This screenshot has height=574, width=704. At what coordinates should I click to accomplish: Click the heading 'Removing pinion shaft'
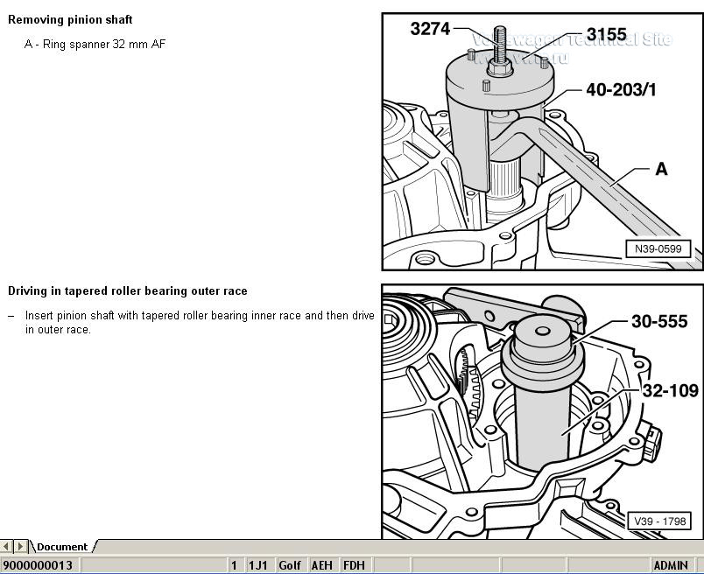pos(70,19)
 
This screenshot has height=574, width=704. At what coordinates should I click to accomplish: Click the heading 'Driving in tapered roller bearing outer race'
pos(128,290)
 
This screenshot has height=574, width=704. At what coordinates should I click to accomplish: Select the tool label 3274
pos(430,29)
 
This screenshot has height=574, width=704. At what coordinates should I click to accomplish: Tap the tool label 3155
pos(606,34)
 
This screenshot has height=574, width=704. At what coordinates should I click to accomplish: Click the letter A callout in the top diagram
pos(661,169)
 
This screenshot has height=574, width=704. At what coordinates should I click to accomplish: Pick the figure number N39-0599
pos(658,249)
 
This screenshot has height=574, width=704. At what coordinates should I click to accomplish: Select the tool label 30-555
pos(659,321)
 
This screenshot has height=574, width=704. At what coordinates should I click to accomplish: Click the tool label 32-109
pos(670,390)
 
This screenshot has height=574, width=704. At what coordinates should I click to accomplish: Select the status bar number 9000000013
pos(38,565)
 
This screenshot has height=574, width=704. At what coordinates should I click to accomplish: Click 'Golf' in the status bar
pos(290,565)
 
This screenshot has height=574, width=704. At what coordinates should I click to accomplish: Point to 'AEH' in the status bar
pos(321,565)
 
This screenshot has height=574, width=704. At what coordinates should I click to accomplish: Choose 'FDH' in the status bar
pos(354,565)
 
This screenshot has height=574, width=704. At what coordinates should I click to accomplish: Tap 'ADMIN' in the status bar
pos(671,565)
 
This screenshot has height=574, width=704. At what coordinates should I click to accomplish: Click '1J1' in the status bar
pos(257,565)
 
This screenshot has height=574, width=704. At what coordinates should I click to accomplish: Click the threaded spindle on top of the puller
pos(507,45)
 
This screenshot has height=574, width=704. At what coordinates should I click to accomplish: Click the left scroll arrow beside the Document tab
pos(7,547)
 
